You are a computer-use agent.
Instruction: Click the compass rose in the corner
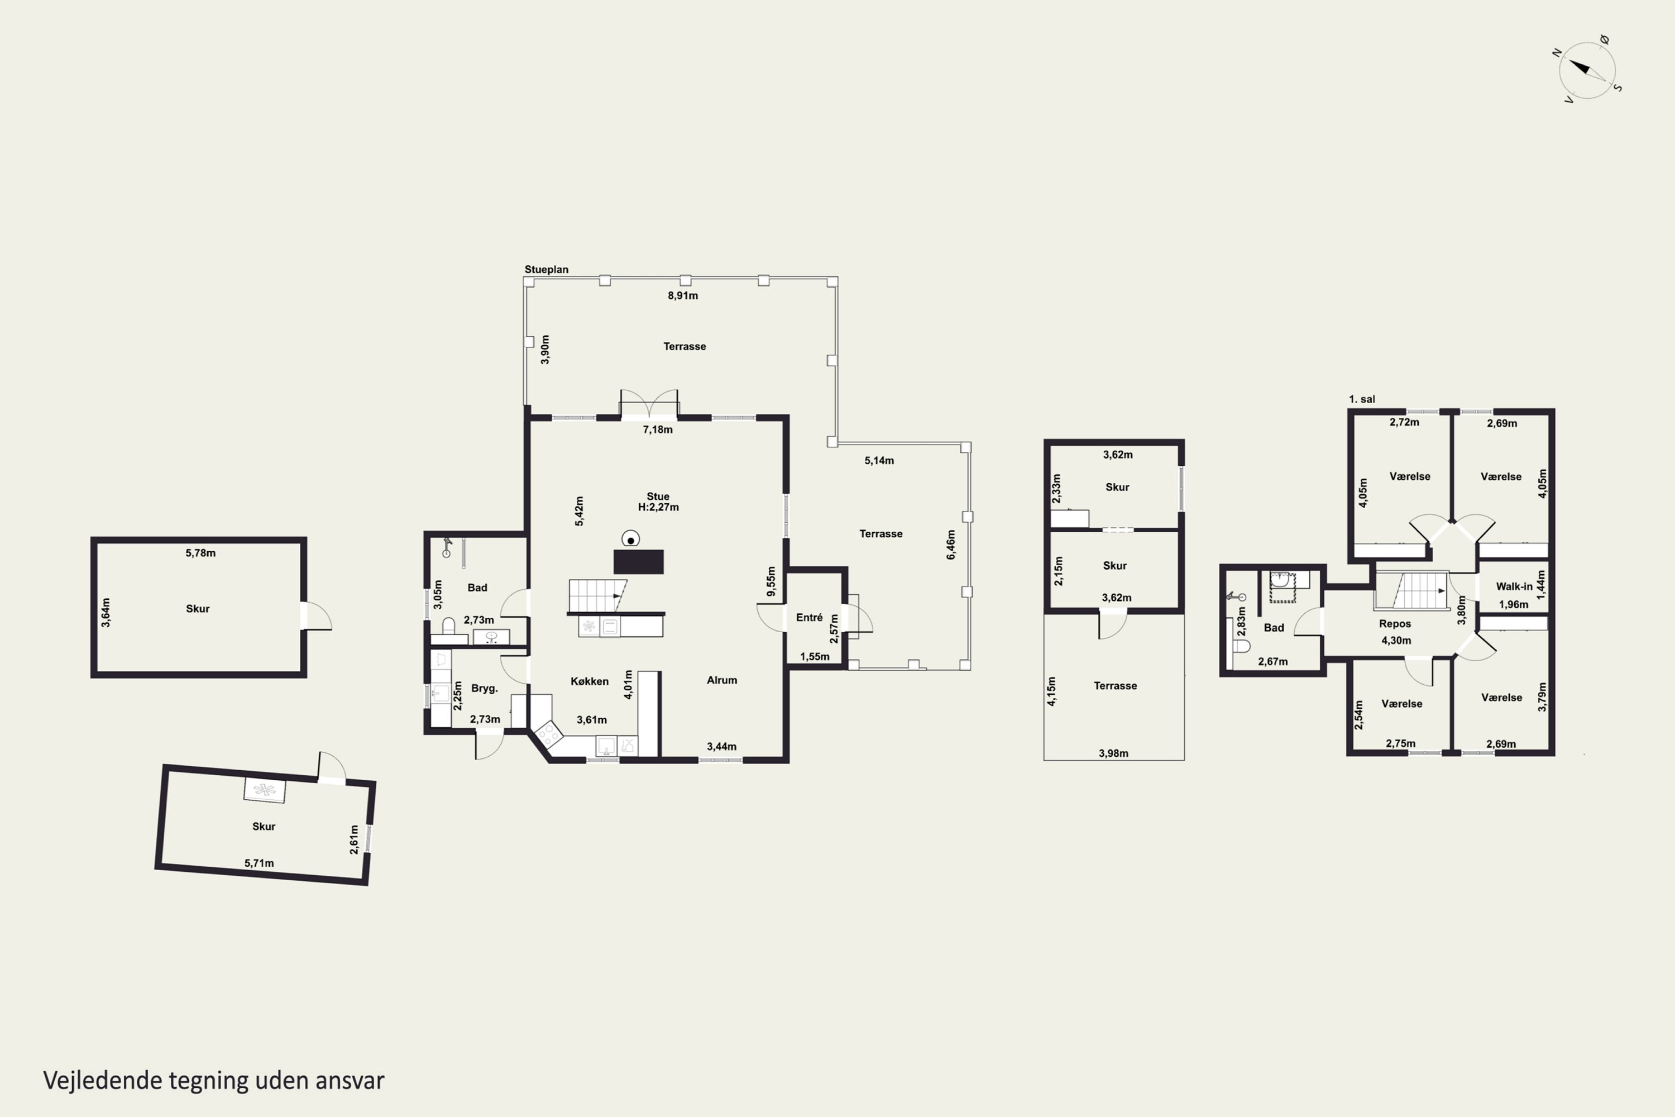(1587, 70)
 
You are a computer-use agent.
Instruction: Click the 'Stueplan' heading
(546, 269)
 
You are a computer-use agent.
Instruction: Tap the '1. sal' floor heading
(1362, 399)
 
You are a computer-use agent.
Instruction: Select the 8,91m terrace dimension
(682, 295)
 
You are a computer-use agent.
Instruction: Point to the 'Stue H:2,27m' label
(658, 502)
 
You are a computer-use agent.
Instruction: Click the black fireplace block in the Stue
(639, 561)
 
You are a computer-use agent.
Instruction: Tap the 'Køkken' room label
(590, 681)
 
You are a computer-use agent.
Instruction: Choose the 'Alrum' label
(721, 680)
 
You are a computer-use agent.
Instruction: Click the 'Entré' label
(809, 618)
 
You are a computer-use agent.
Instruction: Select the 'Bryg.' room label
(484, 688)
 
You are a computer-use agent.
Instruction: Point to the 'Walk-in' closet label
(1514, 586)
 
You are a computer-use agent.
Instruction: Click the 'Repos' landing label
(1394, 623)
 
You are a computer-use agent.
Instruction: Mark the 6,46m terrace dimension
(951, 544)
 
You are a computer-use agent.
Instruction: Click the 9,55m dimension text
(770, 581)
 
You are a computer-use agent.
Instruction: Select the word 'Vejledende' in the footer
(103, 1081)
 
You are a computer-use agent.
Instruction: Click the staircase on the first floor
(1411, 590)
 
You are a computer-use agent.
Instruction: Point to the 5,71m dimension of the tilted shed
(259, 863)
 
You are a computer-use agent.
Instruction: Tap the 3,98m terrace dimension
(1113, 753)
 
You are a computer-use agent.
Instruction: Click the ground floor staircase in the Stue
(597, 596)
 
